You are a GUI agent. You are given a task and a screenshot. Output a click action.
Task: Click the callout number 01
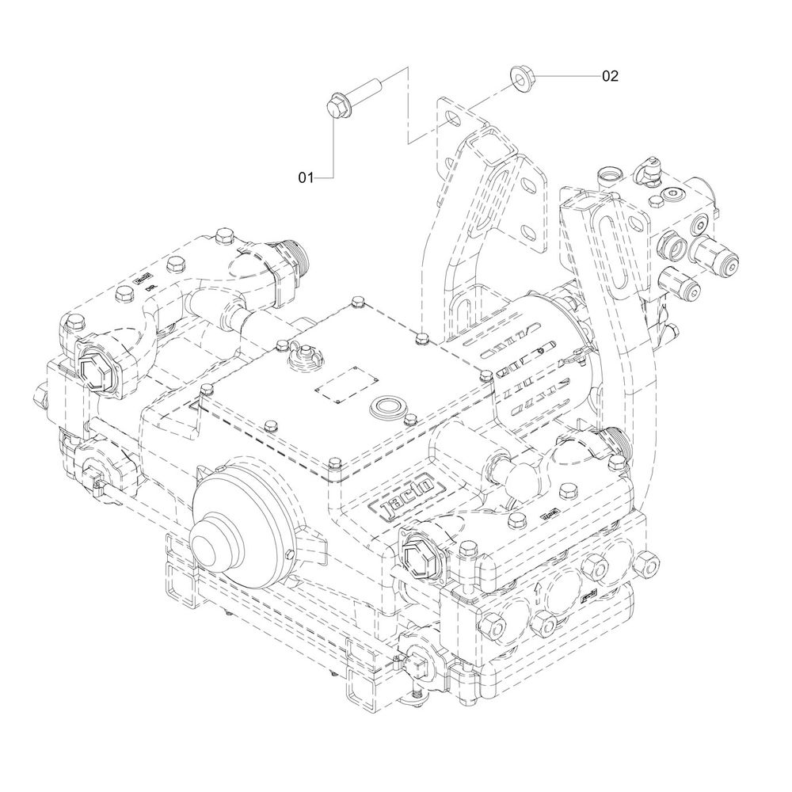(306, 178)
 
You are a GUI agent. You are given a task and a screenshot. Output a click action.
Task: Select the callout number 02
(610, 76)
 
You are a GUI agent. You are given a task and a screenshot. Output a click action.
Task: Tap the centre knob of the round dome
(208, 544)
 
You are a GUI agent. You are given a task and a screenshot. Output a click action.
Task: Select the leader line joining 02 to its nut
(566, 76)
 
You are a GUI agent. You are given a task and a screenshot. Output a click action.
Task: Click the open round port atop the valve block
(611, 173)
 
